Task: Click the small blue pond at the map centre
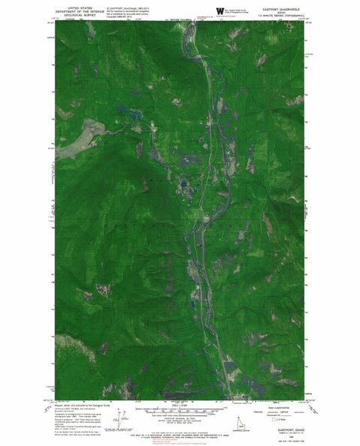(183, 181)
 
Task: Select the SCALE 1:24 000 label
(180, 406)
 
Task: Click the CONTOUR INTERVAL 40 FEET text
(180, 418)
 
